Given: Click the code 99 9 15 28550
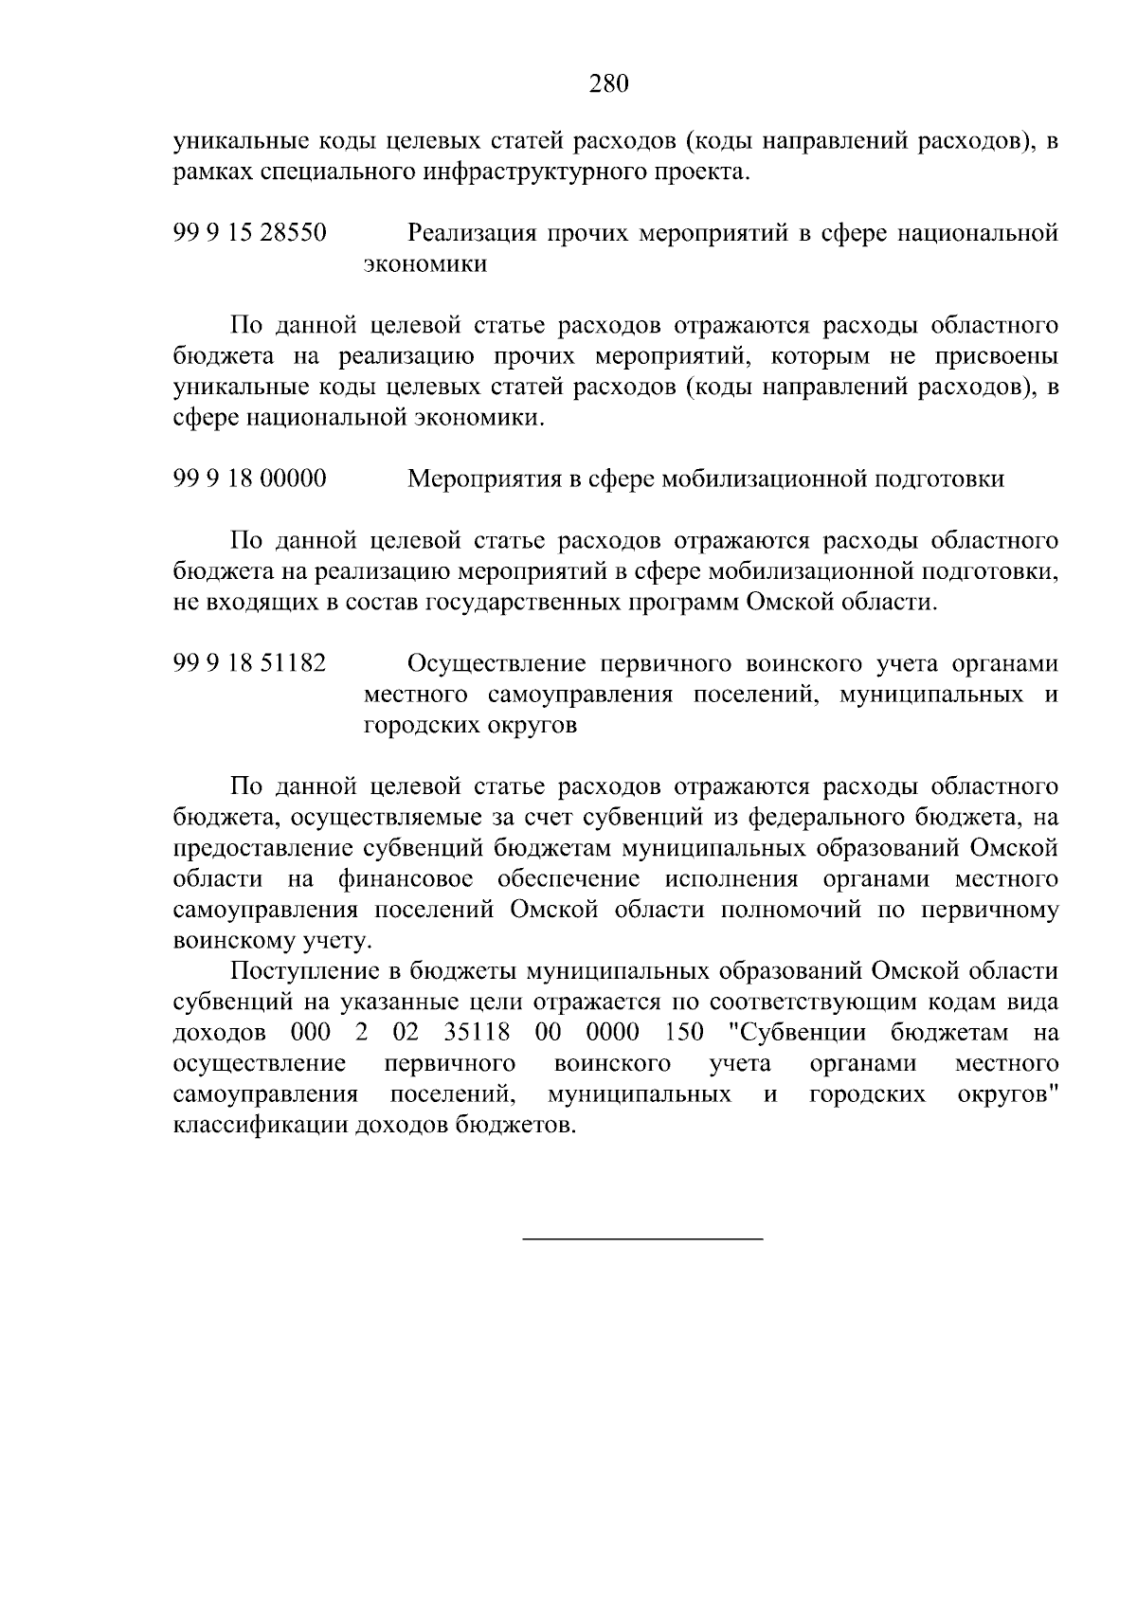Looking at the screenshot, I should click(x=250, y=232).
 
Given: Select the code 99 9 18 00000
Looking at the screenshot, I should click(x=250, y=479).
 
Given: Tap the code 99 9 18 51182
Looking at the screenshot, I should click(x=250, y=663).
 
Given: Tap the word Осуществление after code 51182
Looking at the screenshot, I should click(x=492, y=663).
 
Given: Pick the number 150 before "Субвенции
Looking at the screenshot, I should click(x=685, y=1032).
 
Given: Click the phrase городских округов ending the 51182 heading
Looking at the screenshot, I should click(x=470, y=726).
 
